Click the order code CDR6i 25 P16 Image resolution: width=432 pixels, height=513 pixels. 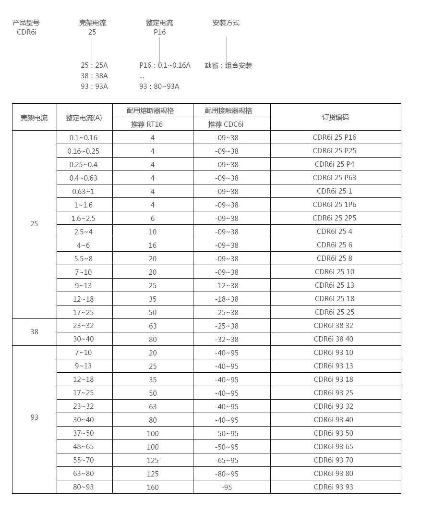pos(335,137)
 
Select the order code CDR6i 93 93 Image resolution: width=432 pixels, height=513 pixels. pos(334,487)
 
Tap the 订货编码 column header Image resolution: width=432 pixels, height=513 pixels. pos(336,117)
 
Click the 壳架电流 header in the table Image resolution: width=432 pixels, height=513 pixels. pos(34,118)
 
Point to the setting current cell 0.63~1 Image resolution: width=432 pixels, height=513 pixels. pos(84,191)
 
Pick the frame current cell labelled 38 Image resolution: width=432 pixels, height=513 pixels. pos(34,332)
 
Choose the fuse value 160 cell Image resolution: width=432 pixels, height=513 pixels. pos(153,487)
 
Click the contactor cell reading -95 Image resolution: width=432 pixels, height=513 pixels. pos(227,487)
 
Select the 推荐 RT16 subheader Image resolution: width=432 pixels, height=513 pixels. pos(147,124)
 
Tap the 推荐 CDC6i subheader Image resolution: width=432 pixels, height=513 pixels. pos(226,124)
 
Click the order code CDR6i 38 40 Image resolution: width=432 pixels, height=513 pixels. pos(334,339)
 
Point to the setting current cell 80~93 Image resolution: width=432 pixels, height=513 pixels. pos(84,487)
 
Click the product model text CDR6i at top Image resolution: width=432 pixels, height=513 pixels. pos(26,32)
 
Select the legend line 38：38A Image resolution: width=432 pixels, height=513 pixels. pos(94,76)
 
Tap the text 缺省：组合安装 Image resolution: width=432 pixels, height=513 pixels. pos(228,65)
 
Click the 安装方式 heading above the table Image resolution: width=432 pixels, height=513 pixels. pos(226,23)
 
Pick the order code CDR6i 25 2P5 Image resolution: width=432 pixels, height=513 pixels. pos(335,218)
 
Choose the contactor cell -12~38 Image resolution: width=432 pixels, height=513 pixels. pos(227,285)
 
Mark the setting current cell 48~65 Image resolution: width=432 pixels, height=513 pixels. pos(84,447)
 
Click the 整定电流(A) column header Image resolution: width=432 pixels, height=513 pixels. pos(84,118)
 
